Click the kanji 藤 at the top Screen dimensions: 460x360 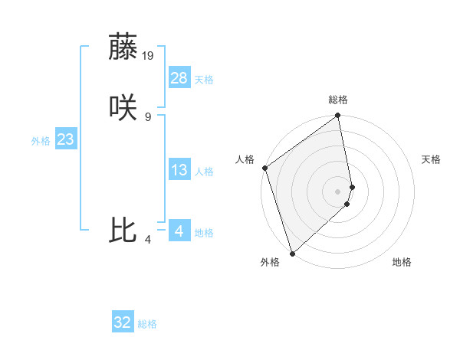pos(123,47)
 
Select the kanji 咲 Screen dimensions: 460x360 pos(123,108)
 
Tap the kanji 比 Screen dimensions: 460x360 pos(123,231)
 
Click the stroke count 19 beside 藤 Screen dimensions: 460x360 pos(148,55)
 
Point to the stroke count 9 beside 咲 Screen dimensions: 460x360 pos(148,116)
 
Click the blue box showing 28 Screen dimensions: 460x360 pos(179,78)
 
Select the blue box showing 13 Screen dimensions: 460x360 pos(179,170)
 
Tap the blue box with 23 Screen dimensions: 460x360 pos(65,139)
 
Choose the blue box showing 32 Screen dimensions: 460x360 pos(123,322)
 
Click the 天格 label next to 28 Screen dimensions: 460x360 pos(204,80)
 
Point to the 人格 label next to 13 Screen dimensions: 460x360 pos(204,172)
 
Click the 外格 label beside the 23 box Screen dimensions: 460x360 pos(41,141)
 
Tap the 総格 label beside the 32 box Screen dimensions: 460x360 pos(147,324)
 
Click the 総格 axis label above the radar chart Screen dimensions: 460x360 pos(338,100)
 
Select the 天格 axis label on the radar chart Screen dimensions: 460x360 pos(432,159)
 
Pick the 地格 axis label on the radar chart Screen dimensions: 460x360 pos(402,262)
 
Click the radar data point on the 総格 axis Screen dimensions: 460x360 pos(338,116)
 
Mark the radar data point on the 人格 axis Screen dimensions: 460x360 pos(264,168)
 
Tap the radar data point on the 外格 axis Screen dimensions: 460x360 pos(292,254)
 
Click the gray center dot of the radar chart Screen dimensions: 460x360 pos(338,191)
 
